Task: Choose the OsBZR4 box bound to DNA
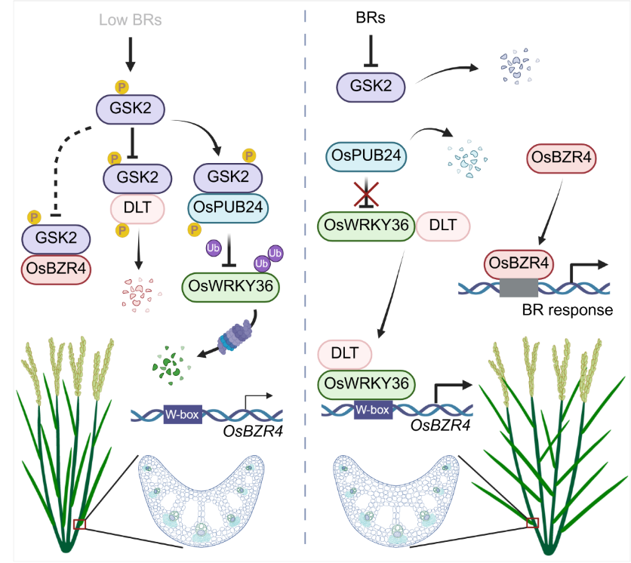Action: [519, 264]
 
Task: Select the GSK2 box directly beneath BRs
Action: [371, 87]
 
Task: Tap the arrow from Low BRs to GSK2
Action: [131, 53]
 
